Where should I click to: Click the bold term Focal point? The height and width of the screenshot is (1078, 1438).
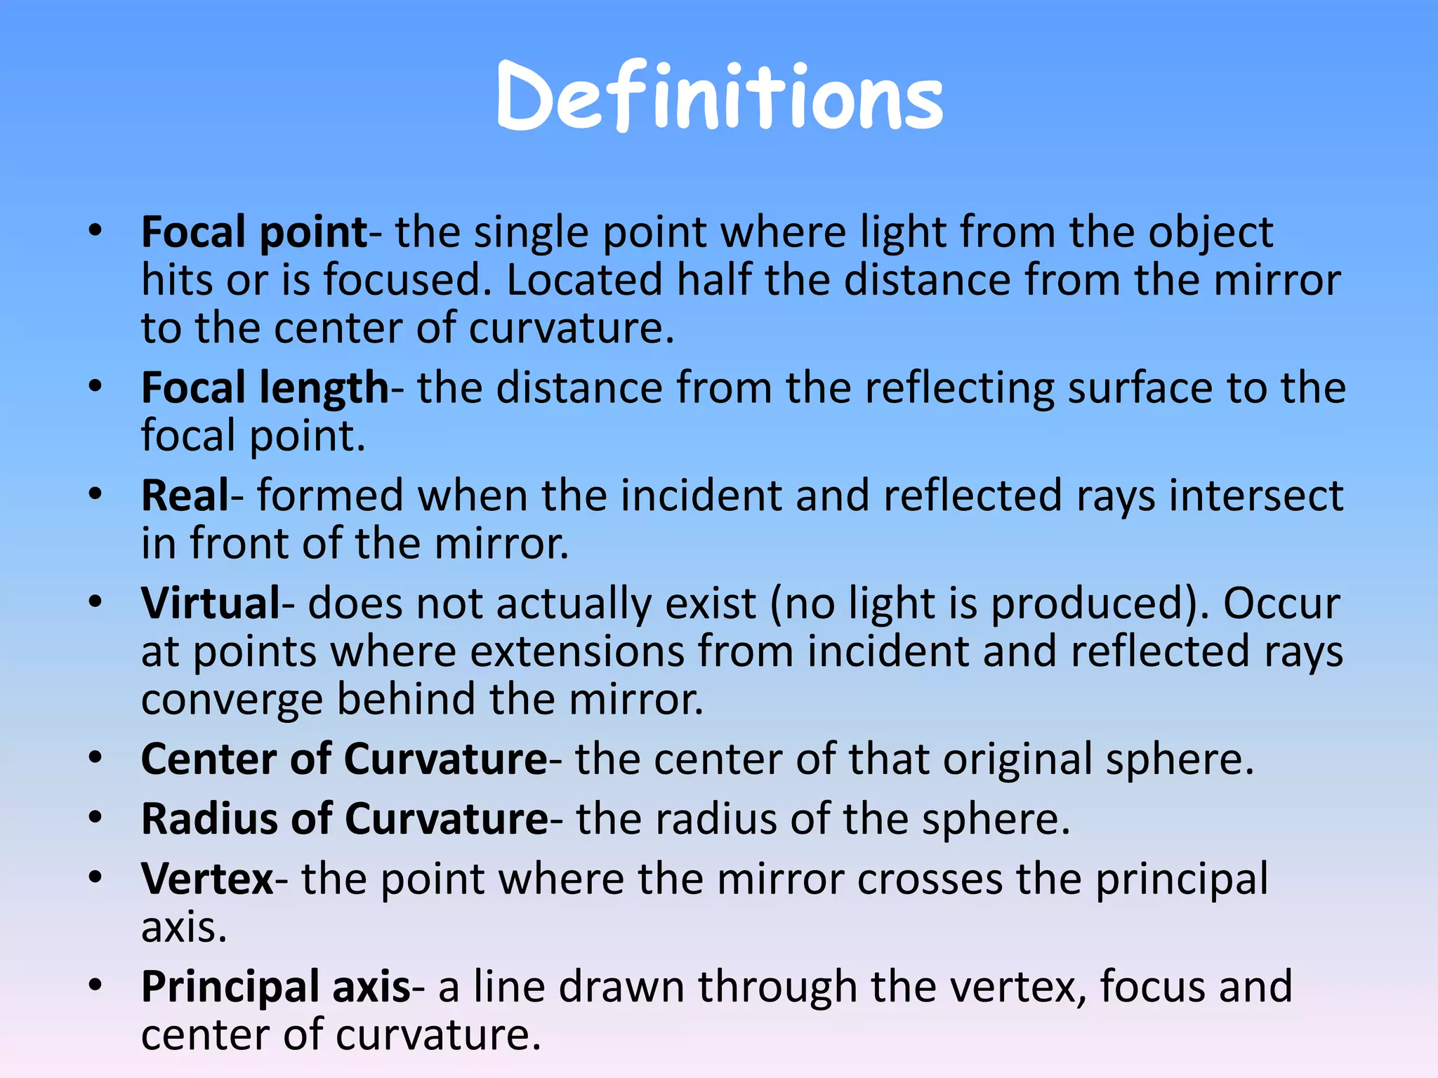[x=254, y=233]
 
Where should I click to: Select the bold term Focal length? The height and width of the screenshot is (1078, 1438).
[x=265, y=389]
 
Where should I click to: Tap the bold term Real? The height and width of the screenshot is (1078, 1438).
[x=185, y=496]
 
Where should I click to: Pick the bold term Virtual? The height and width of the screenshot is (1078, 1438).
[x=211, y=604]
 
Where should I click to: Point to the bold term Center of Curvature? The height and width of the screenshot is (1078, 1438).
[x=344, y=759]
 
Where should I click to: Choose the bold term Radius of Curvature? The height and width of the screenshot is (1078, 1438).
[x=344, y=819]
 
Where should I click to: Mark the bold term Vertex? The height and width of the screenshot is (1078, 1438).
[x=207, y=879]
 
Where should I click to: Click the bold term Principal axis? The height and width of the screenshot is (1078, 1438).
[x=275, y=987]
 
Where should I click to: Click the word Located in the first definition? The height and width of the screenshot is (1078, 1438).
[x=584, y=281]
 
